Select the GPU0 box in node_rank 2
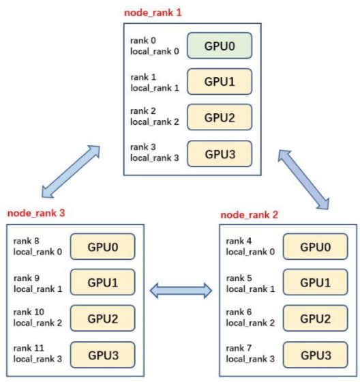315,246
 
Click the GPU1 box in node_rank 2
315,282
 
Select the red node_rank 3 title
35,212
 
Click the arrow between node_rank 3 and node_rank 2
181,291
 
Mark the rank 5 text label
239,276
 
